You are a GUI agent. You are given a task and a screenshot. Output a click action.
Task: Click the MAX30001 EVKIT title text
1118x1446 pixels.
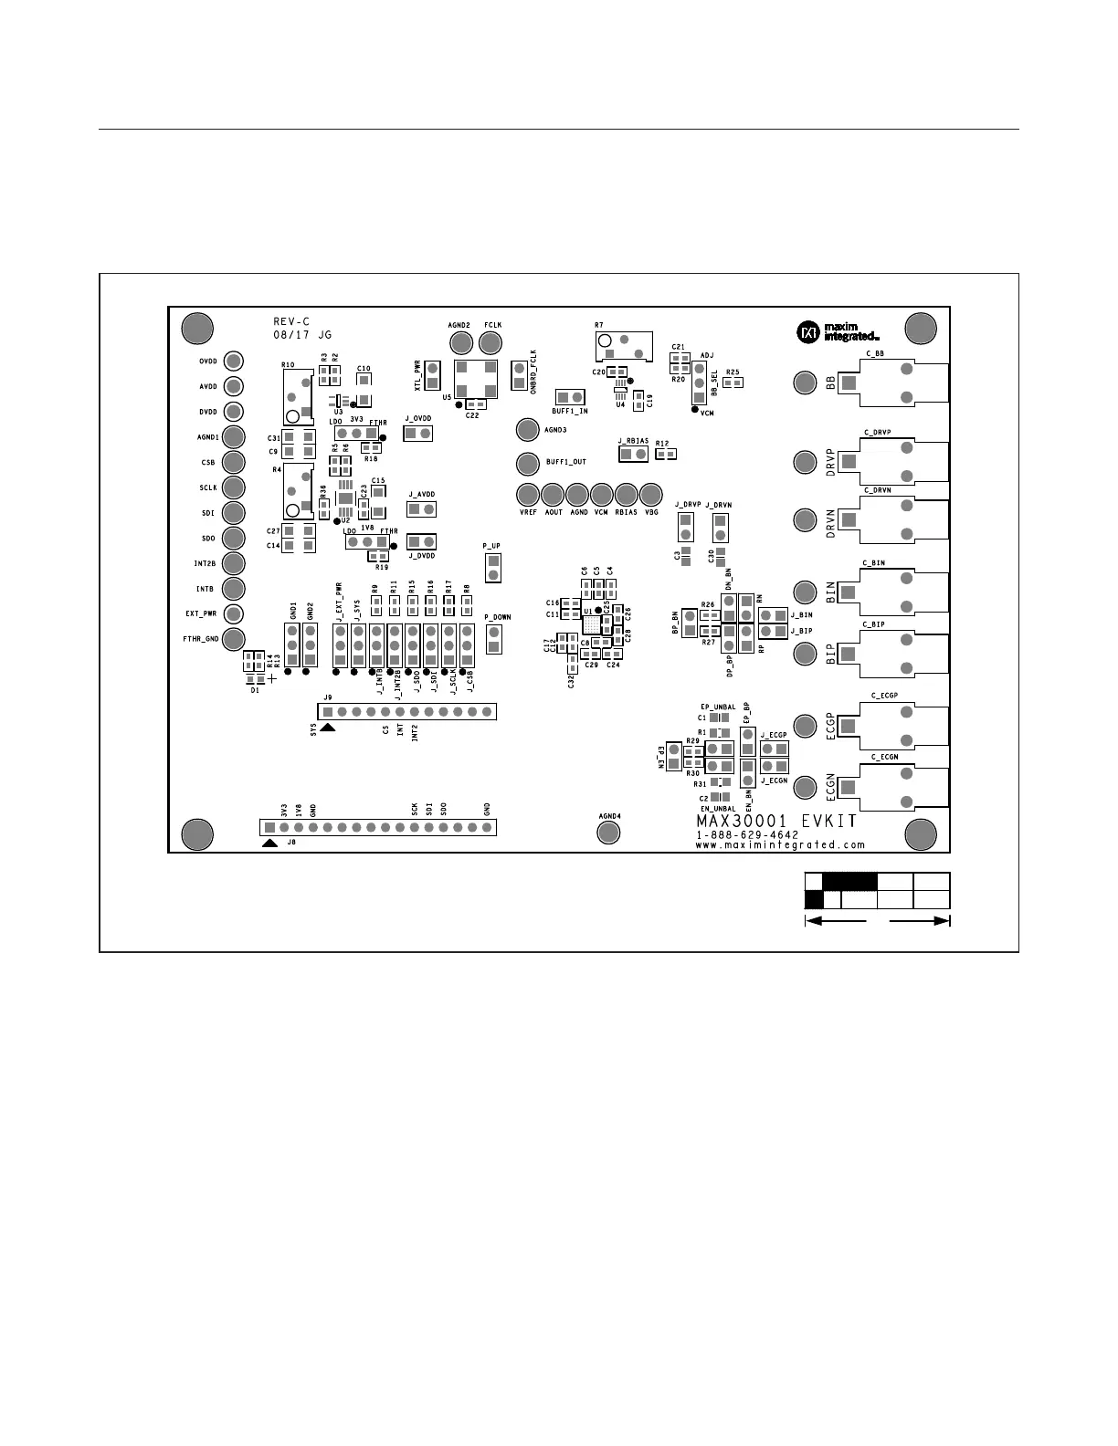(x=776, y=821)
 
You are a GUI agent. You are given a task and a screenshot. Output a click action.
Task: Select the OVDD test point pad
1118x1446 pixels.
(x=234, y=361)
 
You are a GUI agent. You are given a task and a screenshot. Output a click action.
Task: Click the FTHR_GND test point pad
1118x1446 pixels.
(x=234, y=639)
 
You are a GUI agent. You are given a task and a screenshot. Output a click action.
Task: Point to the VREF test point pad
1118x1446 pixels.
(x=528, y=495)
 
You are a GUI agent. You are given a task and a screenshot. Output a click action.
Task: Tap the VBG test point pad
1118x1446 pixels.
(x=650, y=495)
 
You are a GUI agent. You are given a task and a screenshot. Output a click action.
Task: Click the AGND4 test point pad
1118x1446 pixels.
(x=608, y=832)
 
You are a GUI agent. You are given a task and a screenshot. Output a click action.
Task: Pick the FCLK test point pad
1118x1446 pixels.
(x=491, y=342)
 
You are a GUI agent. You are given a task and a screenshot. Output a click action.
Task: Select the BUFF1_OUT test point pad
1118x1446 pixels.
(x=527, y=464)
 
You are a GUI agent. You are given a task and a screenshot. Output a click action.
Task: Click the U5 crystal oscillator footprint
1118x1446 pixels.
(x=475, y=378)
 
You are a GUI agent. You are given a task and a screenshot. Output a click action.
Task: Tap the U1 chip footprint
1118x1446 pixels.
(x=593, y=624)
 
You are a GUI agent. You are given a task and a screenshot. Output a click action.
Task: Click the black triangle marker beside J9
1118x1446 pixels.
(x=328, y=727)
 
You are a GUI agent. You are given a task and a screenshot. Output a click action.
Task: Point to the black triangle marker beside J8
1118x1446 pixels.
(x=269, y=843)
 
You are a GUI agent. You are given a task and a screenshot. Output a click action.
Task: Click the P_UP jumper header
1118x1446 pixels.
(x=493, y=566)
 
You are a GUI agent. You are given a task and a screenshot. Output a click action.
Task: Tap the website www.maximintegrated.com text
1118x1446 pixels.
(x=780, y=845)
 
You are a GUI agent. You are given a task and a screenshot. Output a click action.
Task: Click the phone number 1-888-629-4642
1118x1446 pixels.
(x=747, y=834)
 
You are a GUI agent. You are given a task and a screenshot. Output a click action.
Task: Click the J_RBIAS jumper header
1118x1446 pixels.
(x=633, y=455)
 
